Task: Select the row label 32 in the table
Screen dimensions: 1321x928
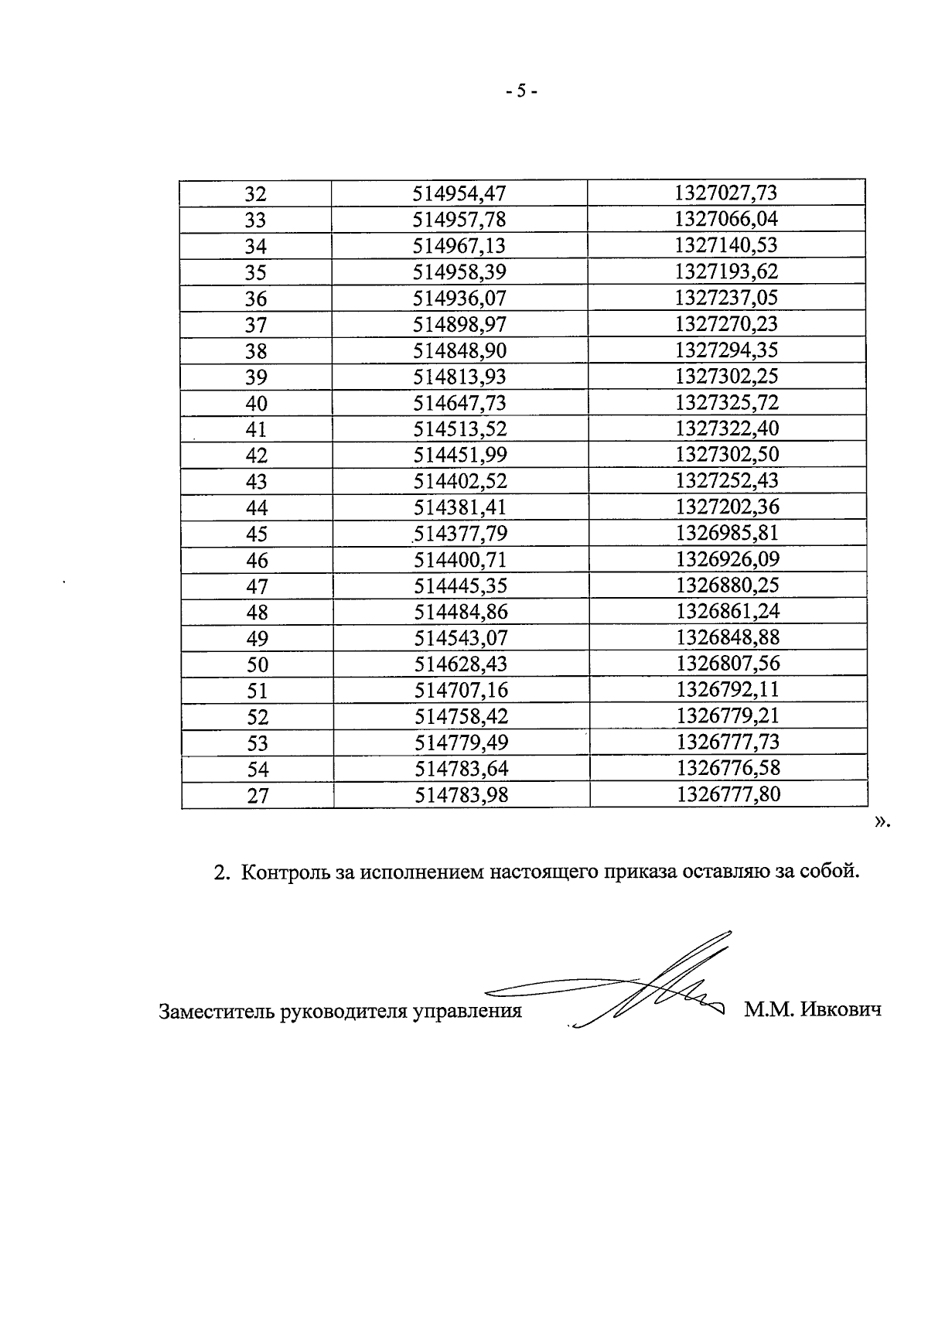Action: coord(255,193)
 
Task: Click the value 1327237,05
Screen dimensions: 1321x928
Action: coord(725,298)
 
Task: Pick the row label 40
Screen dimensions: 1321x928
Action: coord(256,403)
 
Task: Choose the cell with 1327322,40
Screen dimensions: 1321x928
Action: coord(726,428)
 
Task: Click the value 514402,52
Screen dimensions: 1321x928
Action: coord(460,481)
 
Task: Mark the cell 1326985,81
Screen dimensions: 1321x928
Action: coord(727,533)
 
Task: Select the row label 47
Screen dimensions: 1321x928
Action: coord(257,586)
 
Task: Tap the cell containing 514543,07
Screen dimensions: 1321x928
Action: coord(461,638)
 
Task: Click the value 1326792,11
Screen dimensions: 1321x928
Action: coord(728,690)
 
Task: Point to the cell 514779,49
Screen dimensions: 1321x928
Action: coord(462,742)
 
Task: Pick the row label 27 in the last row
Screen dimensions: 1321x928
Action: coord(258,796)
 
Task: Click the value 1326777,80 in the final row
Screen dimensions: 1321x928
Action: coord(728,794)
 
